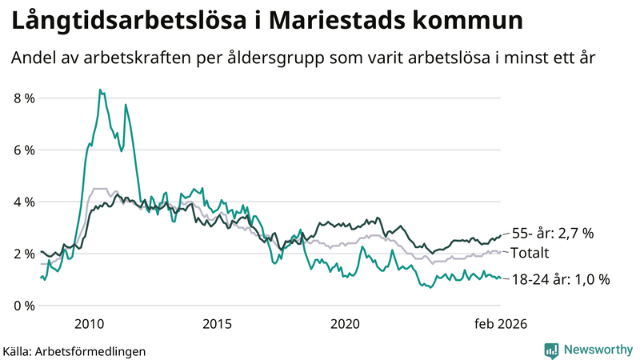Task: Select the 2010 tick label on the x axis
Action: pos(89,323)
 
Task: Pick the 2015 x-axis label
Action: pos(217,323)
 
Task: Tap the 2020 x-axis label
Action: pos(345,323)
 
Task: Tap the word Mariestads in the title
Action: pos(349,22)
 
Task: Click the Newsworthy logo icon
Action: pos(551,350)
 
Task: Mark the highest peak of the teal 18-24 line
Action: pos(99,90)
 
